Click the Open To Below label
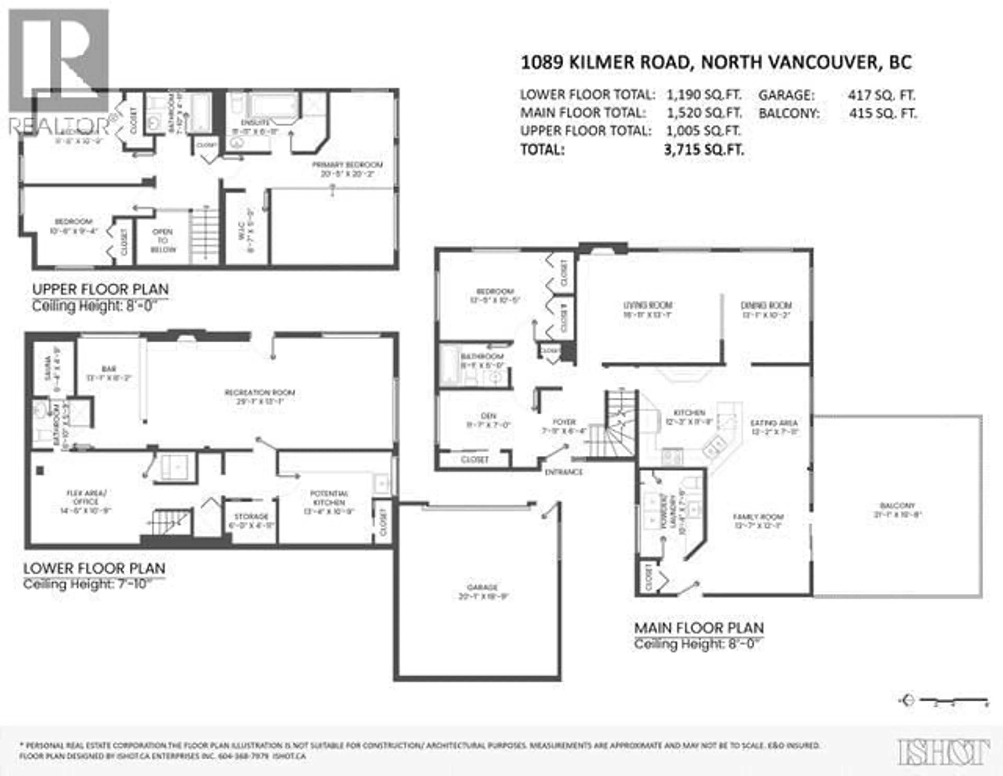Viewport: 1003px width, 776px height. pos(163,241)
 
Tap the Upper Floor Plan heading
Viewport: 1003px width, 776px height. pos(100,289)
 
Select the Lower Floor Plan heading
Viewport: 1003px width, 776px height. pos(94,568)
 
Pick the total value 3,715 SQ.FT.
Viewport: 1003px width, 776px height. pos(704,149)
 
